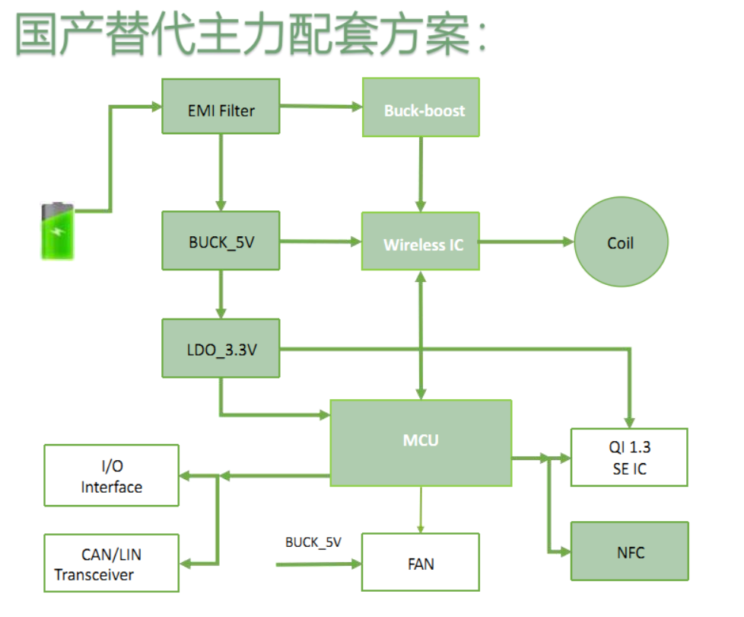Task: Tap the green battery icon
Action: (58, 230)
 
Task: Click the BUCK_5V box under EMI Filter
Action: (221, 241)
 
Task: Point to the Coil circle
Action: (621, 243)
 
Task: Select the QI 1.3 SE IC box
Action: (629, 457)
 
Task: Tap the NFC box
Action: (629, 551)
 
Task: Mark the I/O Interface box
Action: (112, 475)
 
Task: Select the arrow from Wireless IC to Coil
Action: (526, 242)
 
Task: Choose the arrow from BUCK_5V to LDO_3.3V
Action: (221, 294)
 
